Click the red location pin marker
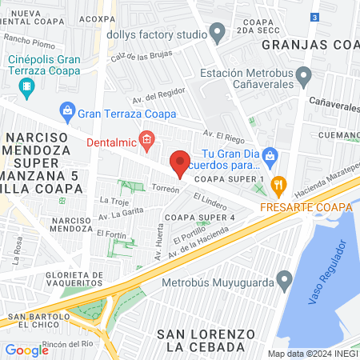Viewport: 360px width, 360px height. (x=180, y=163)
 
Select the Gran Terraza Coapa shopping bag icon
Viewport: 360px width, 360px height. (x=67, y=110)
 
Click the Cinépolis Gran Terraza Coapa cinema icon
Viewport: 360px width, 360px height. (x=28, y=86)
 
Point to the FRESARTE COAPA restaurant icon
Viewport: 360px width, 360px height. (x=278, y=186)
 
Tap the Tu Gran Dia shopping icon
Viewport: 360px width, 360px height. (x=270, y=154)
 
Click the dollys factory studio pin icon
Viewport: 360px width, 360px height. (x=217, y=33)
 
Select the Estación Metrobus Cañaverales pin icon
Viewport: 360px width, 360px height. (x=303, y=77)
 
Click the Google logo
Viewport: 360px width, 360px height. (x=26, y=350)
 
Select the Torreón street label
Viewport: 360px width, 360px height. (x=165, y=190)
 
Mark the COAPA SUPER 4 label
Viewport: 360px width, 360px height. (x=200, y=217)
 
